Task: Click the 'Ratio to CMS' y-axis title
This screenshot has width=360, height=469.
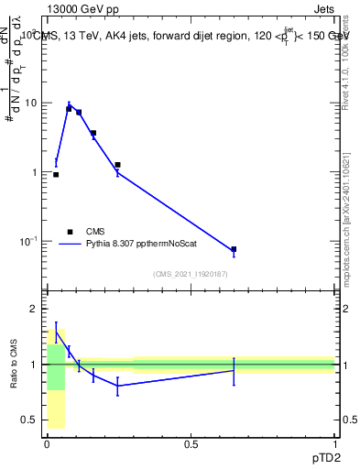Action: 15,365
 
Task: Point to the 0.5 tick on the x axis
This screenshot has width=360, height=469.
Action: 191,444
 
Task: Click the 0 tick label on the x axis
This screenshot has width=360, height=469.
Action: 47,444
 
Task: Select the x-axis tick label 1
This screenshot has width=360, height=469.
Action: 334,444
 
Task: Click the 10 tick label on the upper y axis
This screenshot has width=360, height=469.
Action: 30,103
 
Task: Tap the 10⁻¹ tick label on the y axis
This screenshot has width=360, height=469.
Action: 28,242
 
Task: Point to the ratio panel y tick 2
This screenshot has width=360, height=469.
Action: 35,310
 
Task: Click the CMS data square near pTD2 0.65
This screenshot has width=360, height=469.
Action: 234,249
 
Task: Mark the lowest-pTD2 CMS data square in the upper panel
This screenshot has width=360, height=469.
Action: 56,174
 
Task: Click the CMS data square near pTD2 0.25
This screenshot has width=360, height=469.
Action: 117,165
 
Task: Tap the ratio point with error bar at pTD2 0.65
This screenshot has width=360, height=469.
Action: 234,370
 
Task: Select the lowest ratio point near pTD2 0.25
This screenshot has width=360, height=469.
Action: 117,386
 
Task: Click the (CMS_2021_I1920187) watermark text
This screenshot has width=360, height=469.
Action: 190,274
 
